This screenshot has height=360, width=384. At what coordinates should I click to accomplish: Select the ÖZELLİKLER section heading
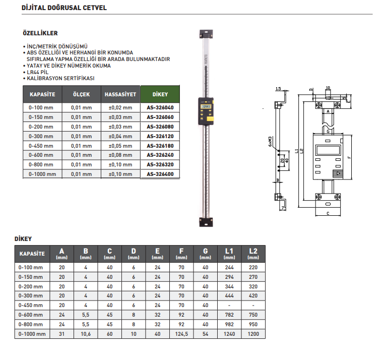40,33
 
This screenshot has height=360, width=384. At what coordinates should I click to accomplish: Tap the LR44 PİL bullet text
40,72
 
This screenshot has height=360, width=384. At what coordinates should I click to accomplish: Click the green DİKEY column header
160,94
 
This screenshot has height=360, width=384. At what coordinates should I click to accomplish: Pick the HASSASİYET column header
120,94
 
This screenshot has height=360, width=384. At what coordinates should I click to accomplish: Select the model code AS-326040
160,107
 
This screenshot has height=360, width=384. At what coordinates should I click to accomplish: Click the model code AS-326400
160,174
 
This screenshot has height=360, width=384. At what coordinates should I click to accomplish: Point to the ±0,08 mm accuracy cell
120,155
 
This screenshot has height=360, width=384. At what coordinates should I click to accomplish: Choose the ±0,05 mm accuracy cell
120,146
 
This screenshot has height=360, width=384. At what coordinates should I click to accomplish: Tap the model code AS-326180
160,146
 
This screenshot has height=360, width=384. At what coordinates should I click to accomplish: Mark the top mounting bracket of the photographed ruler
206,34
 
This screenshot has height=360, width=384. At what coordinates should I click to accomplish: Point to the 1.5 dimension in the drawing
278,89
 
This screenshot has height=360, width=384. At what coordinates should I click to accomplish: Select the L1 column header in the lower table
229,253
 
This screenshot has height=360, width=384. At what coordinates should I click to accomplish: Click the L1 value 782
229,315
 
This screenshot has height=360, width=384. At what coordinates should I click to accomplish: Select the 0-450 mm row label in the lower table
31,305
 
